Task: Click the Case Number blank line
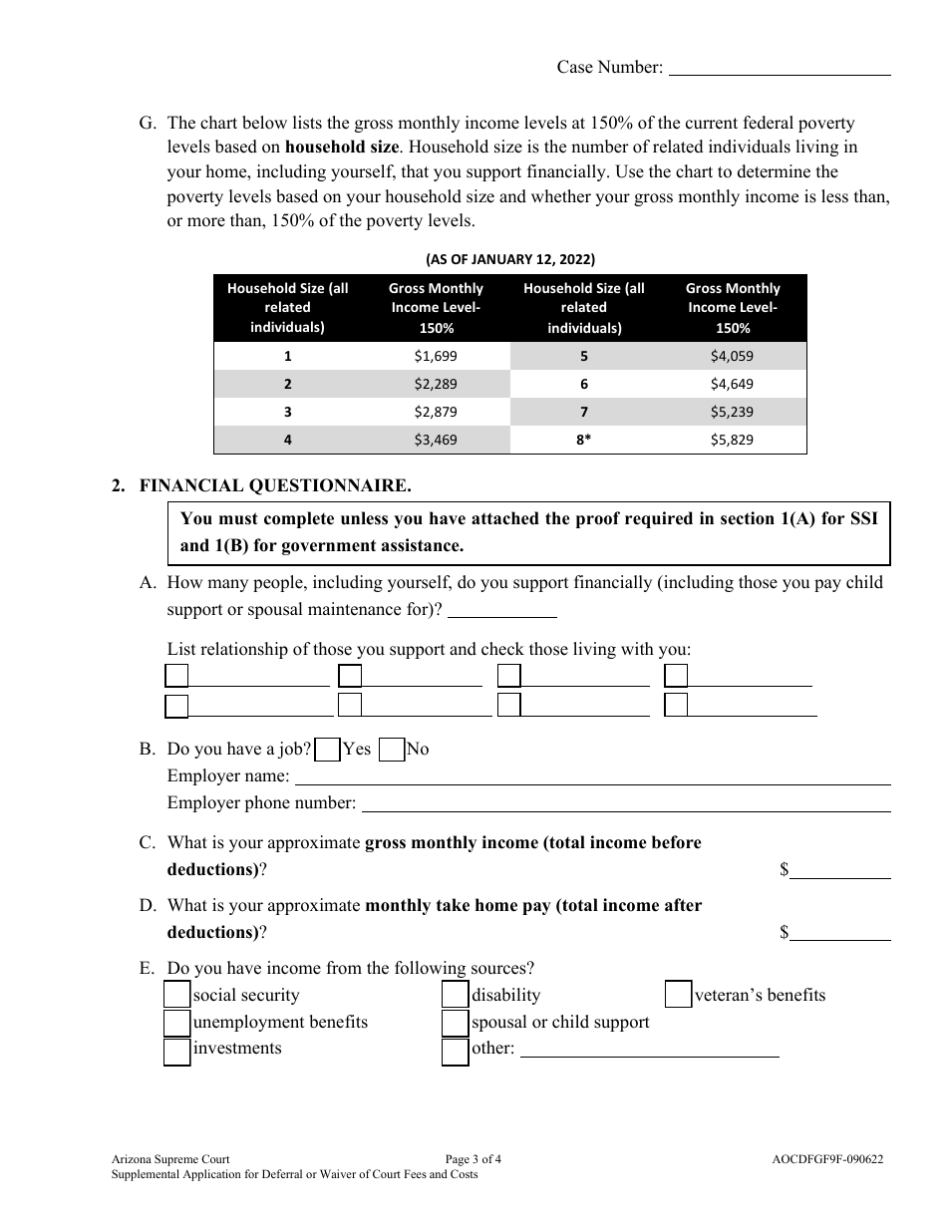(779, 68)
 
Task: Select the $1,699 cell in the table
(435, 356)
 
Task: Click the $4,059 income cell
(732, 356)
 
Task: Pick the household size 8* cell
(583, 440)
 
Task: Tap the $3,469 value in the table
(435, 440)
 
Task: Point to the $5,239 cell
(732, 412)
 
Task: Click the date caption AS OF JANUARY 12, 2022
(510, 259)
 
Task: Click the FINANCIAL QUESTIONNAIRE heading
(274, 486)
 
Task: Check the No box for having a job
(392, 750)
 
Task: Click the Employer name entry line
(592, 776)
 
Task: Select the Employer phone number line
(625, 803)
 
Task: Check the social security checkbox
(176, 995)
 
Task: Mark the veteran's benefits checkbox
(678, 995)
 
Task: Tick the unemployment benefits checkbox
(176, 1023)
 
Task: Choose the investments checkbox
(176, 1052)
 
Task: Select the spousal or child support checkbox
(455, 1023)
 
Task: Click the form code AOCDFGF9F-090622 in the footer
(826, 1159)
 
